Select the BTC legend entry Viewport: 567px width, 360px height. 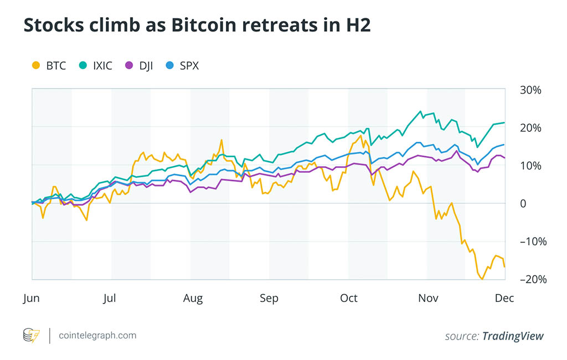[50, 66]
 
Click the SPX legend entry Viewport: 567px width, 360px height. [182, 66]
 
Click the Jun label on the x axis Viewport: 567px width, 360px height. [31, 298]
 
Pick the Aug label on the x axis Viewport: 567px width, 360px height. [193, 298]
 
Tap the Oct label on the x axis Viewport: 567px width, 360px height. [349, 298]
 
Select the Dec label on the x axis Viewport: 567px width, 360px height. [504, 298]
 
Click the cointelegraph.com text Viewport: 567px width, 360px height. [96, 335]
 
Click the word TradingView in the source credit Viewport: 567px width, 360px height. [513, 336]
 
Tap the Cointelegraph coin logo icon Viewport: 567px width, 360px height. [31, 335]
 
